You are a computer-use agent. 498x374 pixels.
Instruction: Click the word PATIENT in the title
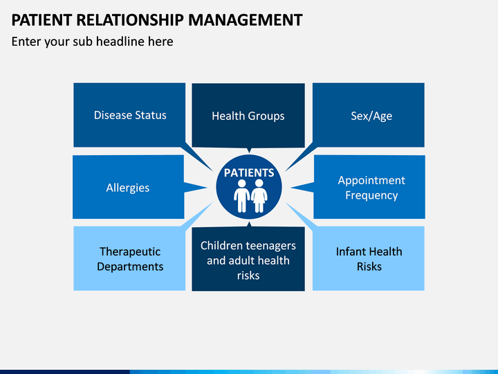(x=41, y=20)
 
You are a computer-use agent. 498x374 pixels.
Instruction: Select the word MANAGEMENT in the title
(x=246, y=20)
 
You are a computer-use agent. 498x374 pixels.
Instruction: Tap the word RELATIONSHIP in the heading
(x=130, y=20)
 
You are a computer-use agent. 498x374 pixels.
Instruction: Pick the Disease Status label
(x=130, y=115)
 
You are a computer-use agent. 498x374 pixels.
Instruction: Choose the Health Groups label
(x=248, y=116)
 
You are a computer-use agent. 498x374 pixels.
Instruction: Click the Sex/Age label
(x=371, y=116)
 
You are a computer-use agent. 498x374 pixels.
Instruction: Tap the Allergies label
(x=128, y=188)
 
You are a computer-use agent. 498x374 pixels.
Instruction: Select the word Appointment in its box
(x=371, y=180)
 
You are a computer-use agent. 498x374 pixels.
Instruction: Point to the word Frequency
(x=371, y=195)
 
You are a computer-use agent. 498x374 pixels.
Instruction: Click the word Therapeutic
(x=130, y=251)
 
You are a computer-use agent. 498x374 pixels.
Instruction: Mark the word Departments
(x=130, y=267)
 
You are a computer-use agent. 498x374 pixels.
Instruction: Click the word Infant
(x=350, y=251)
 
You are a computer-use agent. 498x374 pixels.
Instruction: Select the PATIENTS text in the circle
(x=249, y=172)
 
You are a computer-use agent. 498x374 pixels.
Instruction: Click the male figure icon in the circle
(x=241, y=196)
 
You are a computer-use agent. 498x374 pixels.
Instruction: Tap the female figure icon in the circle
(x=259, y=196)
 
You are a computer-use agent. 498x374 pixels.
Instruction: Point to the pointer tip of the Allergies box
(x=206, y=188)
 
